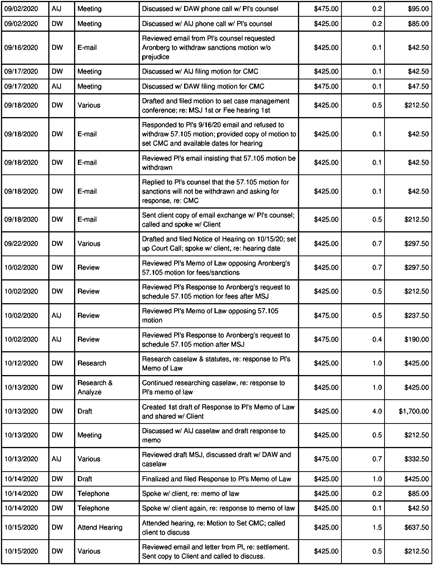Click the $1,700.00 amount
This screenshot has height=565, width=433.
click(414, 411)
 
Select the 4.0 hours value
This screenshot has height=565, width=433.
click(377, 411)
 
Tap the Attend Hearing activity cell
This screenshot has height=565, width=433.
click(100, 527)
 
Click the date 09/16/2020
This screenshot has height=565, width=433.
click(21, 48)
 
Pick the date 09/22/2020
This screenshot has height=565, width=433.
click(21, 244)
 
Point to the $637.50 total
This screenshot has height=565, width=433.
click(416, 527)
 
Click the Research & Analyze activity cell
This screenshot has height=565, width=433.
click(95, 387)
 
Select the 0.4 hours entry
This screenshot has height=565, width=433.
click(377, 339)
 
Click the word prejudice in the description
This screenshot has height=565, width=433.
click(155, 57)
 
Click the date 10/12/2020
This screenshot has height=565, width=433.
click(21, 363)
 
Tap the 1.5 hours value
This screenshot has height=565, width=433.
click(377, 527)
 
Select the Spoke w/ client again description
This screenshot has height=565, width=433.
click(218, 508)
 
